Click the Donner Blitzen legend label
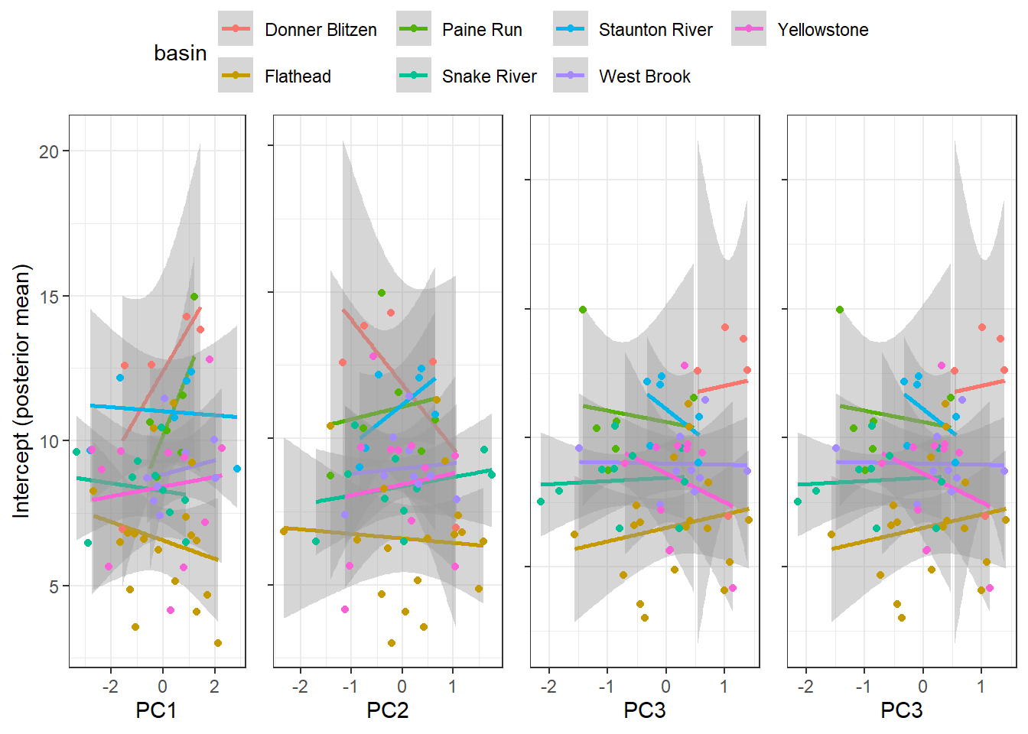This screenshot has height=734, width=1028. pyautogui.click(x=320, y=30)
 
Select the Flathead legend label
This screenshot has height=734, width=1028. pyautogui.click(x=298, y=76)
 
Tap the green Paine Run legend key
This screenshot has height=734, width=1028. pyautogui.click(x=414, y=29)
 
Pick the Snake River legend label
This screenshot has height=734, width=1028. pyautogui.click(x=489, y=76)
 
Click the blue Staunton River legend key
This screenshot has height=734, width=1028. pyautogui.click(x=571, y=29)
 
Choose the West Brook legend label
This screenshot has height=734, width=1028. pyautogui.click(x=644, y=76)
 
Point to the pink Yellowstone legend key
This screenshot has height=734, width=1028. pyautogui.click(x=749, y=29)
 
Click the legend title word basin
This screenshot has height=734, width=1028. pyautogui.click(x=180, y=53)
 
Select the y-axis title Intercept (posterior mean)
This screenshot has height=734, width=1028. pyautogui.click(x=21, y=391)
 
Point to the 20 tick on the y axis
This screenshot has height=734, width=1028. pyautogui.click(x=49, y=151)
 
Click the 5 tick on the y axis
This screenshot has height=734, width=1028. pyautogui.click(x=54, y=586)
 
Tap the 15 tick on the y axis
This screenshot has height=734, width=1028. pyautogui.click(x=49, y=297)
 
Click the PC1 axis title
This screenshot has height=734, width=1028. pyautogui.click(x=156, y=710)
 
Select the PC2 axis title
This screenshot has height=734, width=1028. pyautogui.click(x=387, y=710)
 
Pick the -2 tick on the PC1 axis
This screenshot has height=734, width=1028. pyautogui.click(x=110, y=687)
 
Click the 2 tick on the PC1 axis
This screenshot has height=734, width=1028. pyautogui.click(x=214, y=687)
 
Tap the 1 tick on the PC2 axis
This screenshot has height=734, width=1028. pyautogui.click(x=452, y=687)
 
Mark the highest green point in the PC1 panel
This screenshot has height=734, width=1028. pyautogui.click(x=194, y=297)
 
